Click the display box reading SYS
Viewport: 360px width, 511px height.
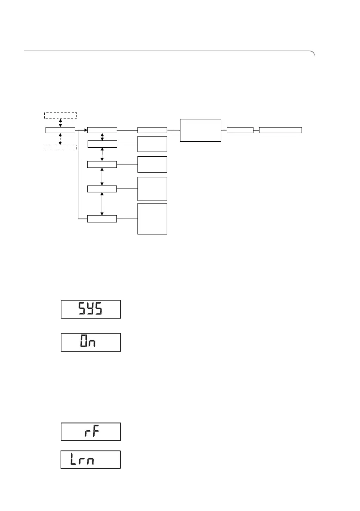(x=91, y=309)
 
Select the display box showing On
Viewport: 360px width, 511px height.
(x=91, y=342)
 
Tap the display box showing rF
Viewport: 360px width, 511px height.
(x=91, y=432)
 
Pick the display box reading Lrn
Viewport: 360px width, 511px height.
(x=90, y=459)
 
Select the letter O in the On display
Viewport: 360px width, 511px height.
(x=85, y=342)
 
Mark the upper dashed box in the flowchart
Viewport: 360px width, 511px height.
(x=61, y=115)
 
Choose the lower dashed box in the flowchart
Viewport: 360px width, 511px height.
(x=61, y=148)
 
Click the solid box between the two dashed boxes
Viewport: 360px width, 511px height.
(x=60, y=130)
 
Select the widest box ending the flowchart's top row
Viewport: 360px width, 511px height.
(x=281, y=130)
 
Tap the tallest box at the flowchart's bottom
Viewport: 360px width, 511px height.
(x=152, y=219)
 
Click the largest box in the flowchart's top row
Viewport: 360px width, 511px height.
(x=201, y=130)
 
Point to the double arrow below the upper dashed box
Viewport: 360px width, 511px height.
(x=61, y=122)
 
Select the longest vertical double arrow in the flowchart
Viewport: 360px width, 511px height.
(x=102, y=204)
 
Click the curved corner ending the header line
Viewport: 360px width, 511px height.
(x=314, y=53)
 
